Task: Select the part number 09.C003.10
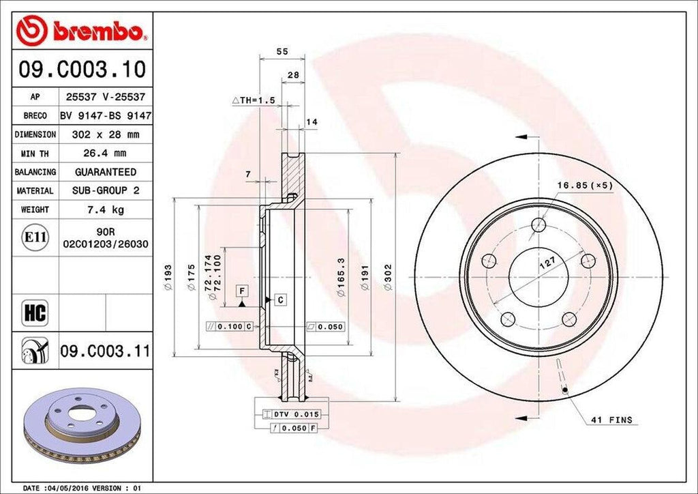[82, 69]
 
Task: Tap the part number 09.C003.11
[104, 351]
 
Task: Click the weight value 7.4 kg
[106, 209]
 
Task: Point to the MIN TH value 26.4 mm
[106, 154]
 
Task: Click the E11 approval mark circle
[35, 237]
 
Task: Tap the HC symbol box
[35, 313]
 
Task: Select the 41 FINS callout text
[611, 420]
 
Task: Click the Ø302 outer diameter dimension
[387, 278]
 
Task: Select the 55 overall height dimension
[280, 51]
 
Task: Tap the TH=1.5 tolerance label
[253, 100]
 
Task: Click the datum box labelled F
[241, 291]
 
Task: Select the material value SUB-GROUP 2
[106, 191]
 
